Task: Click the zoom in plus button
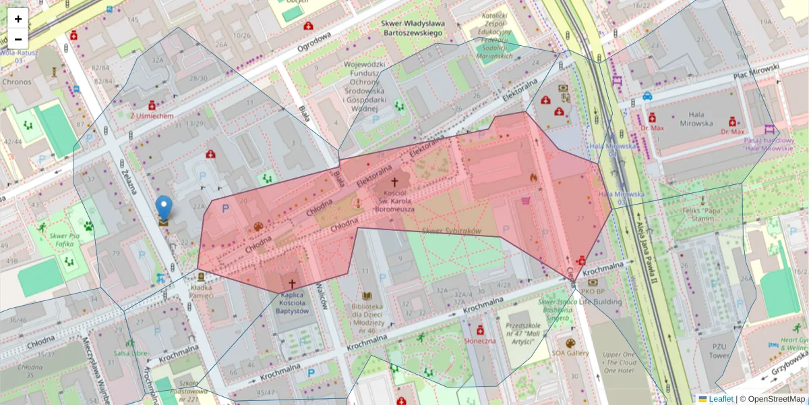[x=18, y=19]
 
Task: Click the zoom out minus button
[x=18, y=39]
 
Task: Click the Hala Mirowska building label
[x=692, y=119]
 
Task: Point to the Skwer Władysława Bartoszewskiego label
[x=412, y=28]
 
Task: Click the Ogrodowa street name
[x=314, y=45]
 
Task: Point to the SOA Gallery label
[x=570, y=352]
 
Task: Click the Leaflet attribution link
[x=721, y=399]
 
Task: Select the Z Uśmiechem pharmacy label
[x=152, y=115]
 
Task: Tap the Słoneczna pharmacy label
[x=480, y=341]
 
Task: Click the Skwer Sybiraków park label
[x=450, y=231]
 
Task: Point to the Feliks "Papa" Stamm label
[x=702, y=214]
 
